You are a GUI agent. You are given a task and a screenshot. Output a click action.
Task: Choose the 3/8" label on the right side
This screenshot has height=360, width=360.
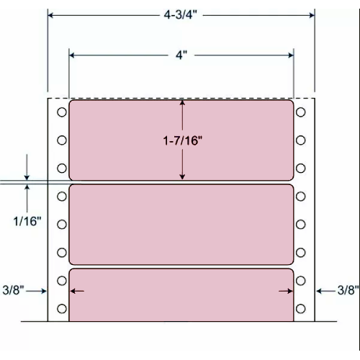pyautogui.click(x=348, y=291)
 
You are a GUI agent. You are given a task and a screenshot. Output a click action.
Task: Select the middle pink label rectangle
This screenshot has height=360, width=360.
pyautogui.click(x=181, y=224)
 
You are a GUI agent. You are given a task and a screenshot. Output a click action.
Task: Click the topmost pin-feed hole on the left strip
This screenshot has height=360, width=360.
pyautogui.click(x=61, y=113)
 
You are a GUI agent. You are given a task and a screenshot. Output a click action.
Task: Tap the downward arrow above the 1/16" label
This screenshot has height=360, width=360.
pyautogui.click(x=27, y=176)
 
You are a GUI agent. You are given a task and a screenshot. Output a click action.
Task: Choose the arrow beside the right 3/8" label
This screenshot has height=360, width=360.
pyautogui.click(x=320, y=291)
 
